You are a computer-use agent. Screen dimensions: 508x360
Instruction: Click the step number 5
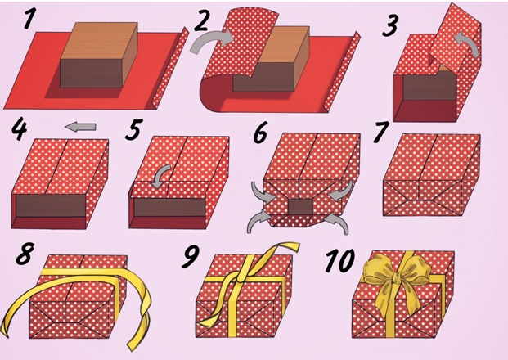133,129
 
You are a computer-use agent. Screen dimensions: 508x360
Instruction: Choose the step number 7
381,133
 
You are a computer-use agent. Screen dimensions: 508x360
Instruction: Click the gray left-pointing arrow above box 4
80,126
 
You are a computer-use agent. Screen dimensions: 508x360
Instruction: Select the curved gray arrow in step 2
211,39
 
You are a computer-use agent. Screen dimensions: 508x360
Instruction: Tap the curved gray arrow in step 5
162,174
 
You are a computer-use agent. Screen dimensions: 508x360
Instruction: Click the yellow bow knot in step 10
396,278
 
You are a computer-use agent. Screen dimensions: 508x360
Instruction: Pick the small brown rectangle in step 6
300,207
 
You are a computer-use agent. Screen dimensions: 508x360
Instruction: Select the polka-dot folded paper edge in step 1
170,67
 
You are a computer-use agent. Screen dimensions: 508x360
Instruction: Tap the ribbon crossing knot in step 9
242,276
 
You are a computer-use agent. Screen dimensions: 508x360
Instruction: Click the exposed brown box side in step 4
51,205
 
